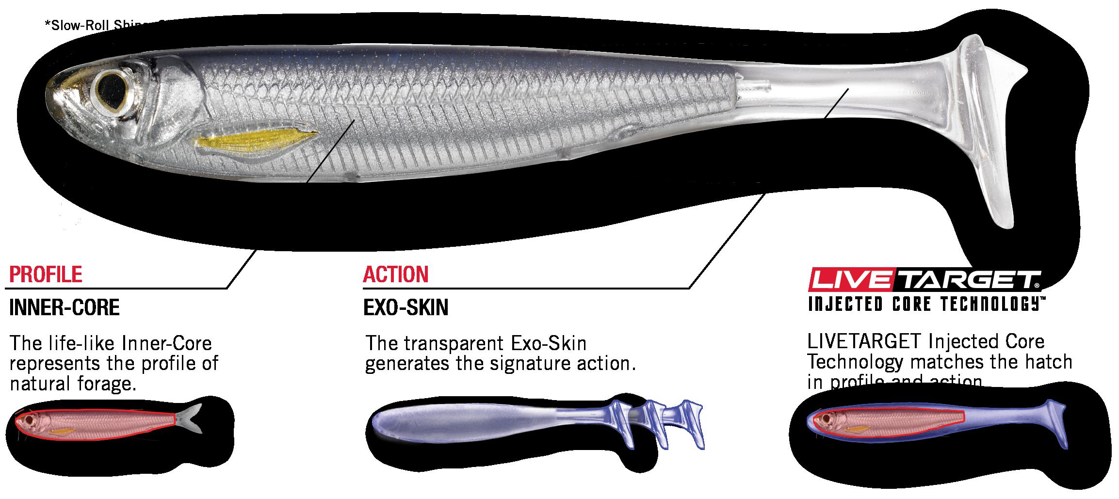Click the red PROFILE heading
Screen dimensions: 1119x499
tap(46, 274)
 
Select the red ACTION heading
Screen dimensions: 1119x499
tap(395, 274)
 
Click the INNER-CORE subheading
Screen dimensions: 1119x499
tap(64, 307)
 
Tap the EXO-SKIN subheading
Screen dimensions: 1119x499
tap(405, 307)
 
